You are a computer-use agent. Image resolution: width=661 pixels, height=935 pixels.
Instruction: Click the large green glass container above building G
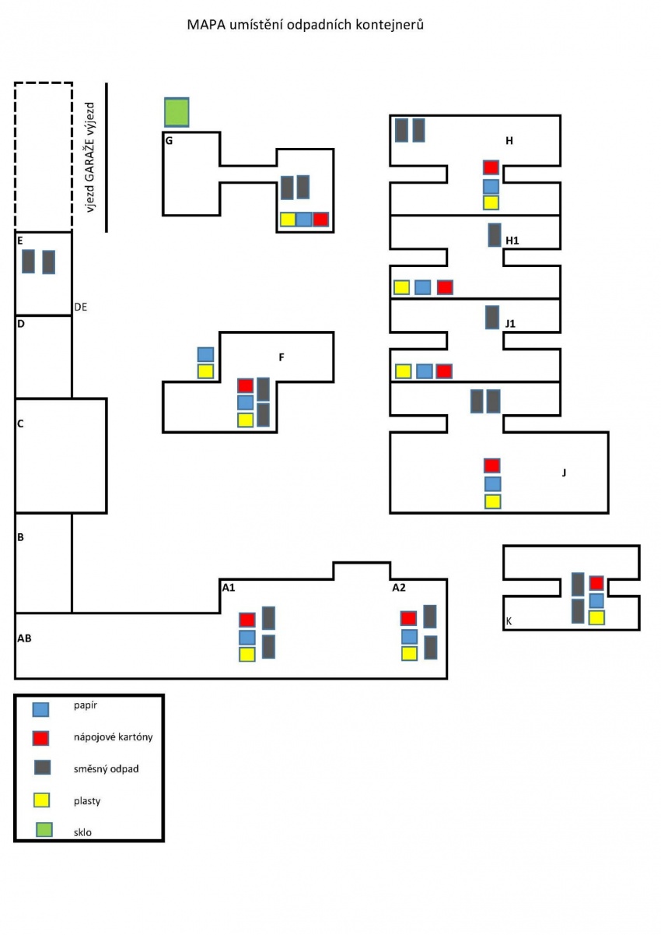177,112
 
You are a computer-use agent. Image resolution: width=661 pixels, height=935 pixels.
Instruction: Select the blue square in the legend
41,709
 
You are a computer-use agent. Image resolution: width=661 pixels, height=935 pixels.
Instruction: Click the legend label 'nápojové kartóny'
113,737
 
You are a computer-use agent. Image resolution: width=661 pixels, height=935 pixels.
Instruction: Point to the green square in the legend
44,829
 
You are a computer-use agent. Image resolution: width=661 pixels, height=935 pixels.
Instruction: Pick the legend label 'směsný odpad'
106,769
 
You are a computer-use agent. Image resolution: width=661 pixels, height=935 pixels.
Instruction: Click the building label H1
512,241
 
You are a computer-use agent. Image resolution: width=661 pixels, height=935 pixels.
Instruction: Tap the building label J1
510,324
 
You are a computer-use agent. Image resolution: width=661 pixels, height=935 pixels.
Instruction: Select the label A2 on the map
399,587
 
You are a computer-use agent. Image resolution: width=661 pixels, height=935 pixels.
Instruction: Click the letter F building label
281,357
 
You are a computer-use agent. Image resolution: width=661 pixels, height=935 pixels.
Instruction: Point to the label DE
81,308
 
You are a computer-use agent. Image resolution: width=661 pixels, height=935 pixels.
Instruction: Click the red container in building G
320,219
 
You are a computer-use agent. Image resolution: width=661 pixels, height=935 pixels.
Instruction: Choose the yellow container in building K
596,617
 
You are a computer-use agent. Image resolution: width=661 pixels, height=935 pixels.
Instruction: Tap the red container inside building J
492,466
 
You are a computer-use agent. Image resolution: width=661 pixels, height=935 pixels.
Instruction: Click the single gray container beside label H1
495,235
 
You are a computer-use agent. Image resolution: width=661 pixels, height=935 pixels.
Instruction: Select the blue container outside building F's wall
205,354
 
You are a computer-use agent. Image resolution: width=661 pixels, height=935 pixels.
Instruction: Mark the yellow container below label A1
247,654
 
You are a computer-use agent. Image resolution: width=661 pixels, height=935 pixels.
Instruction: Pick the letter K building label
509,621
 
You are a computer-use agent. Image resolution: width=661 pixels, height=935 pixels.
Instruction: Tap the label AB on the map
24,638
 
